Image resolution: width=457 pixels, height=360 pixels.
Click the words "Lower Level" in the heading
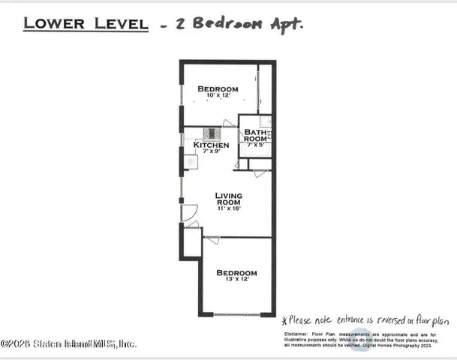click(85, 23)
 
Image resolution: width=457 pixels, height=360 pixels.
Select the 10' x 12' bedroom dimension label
click(218, 96)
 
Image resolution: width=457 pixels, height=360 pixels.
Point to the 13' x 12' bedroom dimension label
click(236, 280)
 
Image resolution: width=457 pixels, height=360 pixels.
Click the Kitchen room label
click(211, 145)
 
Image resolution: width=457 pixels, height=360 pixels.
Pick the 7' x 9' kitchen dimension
click(211, 151)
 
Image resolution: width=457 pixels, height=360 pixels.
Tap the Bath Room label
click(255, 136)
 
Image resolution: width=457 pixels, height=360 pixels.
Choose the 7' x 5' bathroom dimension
click(256, 145)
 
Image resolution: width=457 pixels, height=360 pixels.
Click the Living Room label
click(228, 199)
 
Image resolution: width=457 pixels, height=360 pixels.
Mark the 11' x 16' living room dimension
click(228, 208)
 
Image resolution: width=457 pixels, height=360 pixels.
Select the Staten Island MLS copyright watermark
click(69, 343)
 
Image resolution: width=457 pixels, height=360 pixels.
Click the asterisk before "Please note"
click(284, 320)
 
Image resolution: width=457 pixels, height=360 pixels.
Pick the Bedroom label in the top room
click(218, 89)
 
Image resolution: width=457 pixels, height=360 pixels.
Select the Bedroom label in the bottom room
click(236, 273)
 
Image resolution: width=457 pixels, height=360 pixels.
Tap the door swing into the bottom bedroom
click(212, 241)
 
